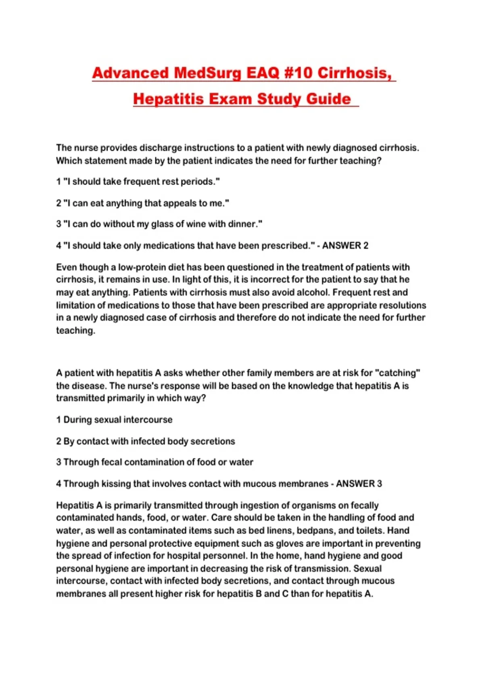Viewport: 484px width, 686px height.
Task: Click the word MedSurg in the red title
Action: pyautogui.click(x=207, y=73)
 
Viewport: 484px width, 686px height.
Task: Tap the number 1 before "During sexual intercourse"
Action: pyautogui.click(x=58, y=420)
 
